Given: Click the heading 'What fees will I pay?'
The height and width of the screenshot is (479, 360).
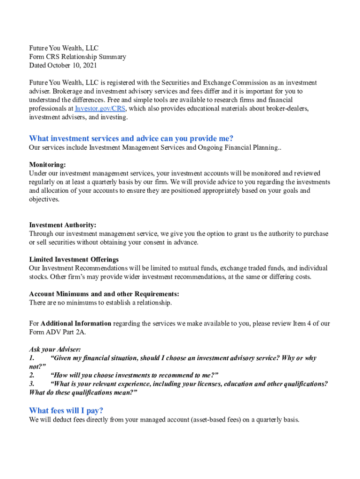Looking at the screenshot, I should click(66, 411).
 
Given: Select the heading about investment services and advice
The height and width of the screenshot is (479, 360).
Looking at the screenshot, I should click(131, 138).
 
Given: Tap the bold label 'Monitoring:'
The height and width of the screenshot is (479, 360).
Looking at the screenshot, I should click(47, 165).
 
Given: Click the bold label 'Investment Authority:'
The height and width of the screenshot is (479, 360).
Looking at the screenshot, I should click(63, 225).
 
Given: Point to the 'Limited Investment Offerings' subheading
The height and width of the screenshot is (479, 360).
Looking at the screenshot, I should click(74, 259).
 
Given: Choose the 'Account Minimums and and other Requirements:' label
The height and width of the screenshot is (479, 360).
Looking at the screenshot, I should click(104, 294).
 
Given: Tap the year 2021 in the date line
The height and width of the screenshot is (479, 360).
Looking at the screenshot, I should click(89, 65).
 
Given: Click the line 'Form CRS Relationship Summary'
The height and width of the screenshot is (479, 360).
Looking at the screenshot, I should click(78, 57).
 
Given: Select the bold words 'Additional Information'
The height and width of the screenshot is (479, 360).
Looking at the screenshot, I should click(76, 324).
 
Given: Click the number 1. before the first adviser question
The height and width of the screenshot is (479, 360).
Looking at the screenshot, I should click(32, 358).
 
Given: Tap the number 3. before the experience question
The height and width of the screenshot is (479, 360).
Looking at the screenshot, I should click(32, 384).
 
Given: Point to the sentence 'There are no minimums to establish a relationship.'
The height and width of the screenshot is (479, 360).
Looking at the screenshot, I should click(101, 303).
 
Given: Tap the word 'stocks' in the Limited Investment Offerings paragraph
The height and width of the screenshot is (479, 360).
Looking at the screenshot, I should click(39, 277).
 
